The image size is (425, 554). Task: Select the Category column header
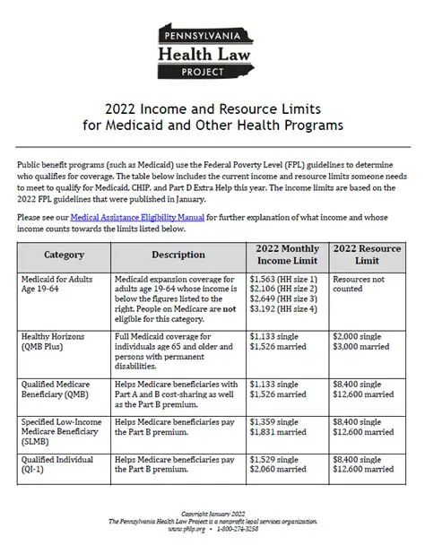(x=64, y=255)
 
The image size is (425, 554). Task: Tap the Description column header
(x=178, y=255)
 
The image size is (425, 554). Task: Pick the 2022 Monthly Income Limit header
(x=287, y=255)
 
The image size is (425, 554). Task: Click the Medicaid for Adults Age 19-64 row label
(x=58, y=284)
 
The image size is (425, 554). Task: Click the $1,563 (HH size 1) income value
(x=282, y=279)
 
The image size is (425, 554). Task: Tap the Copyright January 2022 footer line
(x=212, y=515)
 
